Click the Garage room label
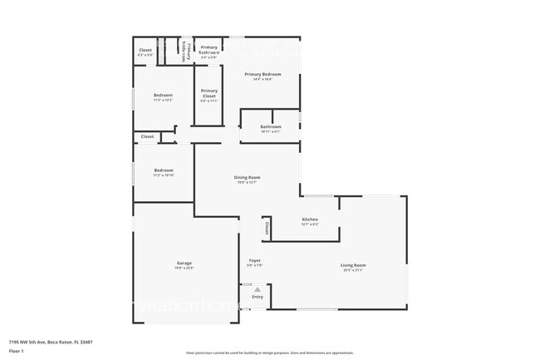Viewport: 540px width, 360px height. [x=184, y=263]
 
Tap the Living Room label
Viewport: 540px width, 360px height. [x=354, y=265]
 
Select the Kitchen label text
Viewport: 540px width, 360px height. [x=309, y=219]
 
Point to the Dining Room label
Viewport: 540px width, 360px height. [x=248, y=177]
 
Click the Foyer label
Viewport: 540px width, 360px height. [x=255, y=261]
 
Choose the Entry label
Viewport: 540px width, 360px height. [x=258, y=297]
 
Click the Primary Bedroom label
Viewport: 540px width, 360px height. [x=263, y=74]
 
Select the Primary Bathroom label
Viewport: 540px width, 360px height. [x=209, y=50]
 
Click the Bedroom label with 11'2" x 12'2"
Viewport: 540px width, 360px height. [x=163, y=96]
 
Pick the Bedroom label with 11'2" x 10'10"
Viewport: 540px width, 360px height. [x=163, y=170]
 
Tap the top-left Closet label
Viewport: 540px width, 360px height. [x=145, y=50]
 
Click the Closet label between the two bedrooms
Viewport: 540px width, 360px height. [x=147, y=136]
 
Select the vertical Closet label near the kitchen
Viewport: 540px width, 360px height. [x=267, y=226]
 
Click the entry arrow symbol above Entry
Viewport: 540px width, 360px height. [x=258, y=288]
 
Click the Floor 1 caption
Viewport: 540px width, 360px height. [x=16, y=351]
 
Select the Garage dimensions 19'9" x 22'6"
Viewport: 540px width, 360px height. [x=184, y=268]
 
